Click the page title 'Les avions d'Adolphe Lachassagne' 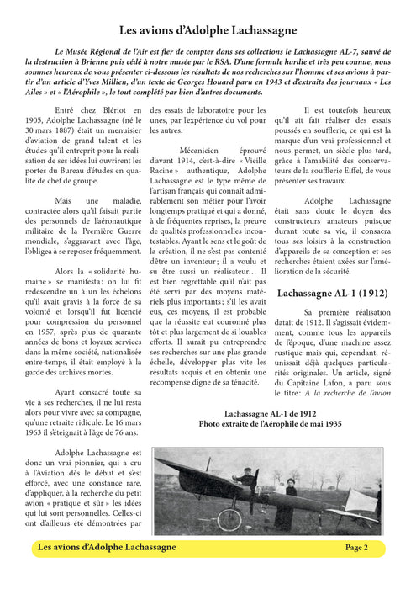click(208, 29)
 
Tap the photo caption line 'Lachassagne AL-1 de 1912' click(271, 413)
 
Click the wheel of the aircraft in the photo click(229, 518)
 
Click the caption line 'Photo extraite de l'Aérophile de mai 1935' click(271, 425)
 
